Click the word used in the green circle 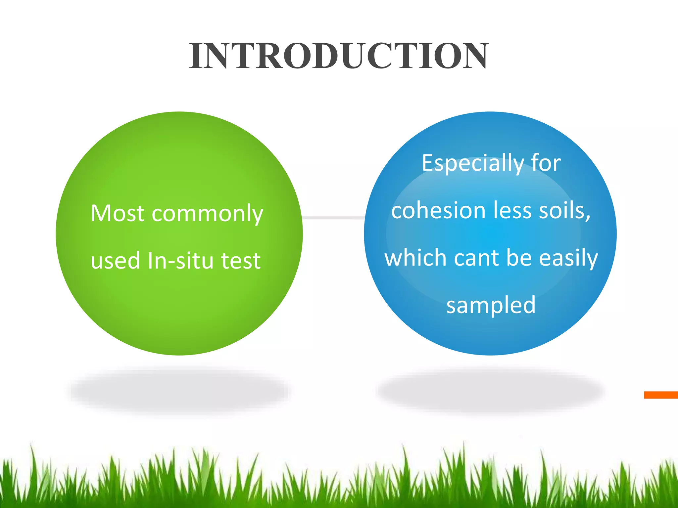115,261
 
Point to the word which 416,258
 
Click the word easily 568,258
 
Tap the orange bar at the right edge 661,395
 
